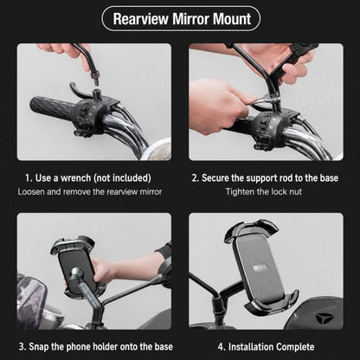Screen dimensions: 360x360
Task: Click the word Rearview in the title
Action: click(x=140, y=19)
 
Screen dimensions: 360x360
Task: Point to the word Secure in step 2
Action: click(x=215, y=178)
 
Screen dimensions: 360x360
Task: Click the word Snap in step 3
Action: click(x=38, y=347)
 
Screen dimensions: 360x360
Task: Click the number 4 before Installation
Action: click(x=221, y=347)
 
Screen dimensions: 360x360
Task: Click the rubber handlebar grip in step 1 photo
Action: click(x=52, y=108)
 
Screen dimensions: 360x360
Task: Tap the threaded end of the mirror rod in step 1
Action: click(x=94, y=78)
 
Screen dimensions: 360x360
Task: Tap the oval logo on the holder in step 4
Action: click(x=260, y=267)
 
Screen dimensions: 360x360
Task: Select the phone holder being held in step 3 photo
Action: click(x=76, y=267)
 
